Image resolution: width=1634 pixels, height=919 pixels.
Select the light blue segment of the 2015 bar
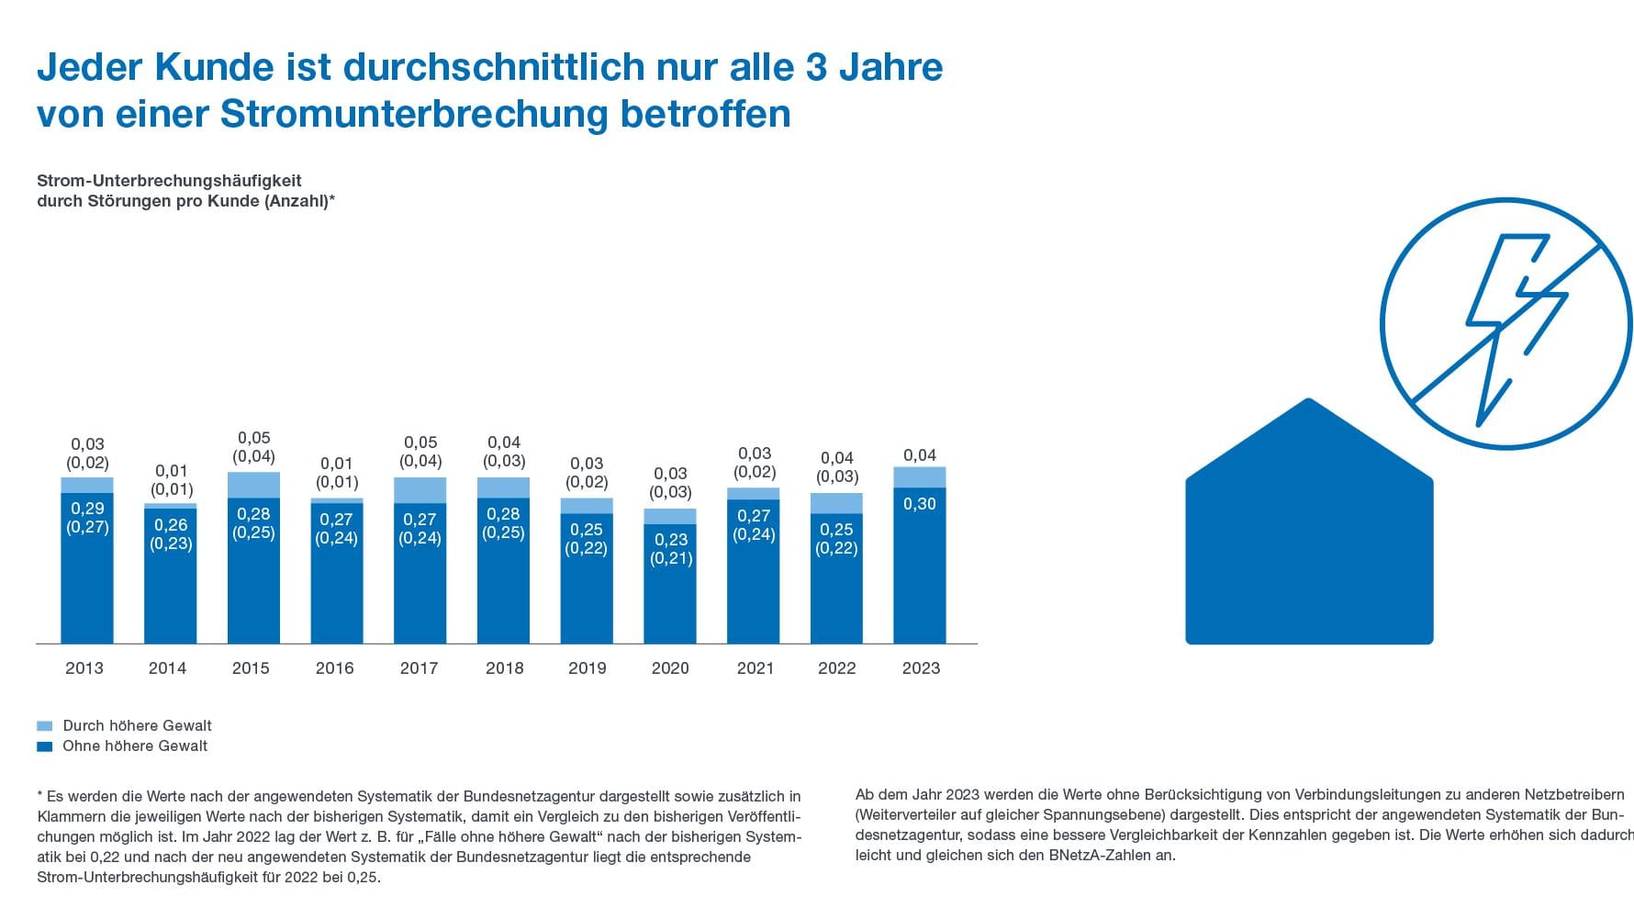(253, 485)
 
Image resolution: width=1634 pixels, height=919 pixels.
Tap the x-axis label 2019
(587, 668)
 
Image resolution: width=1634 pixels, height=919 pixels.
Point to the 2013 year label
(84, 668)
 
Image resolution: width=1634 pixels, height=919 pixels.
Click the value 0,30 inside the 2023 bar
(919, 504)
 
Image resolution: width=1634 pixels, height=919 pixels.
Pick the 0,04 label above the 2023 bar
(919, 455)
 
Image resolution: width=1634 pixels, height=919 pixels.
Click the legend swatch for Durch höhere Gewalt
(45, 726)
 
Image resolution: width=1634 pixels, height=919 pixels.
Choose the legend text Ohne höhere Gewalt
(135, 746)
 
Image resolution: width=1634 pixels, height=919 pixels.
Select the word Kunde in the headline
(214, 68)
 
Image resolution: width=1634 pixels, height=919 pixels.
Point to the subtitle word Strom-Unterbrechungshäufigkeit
(169, 181)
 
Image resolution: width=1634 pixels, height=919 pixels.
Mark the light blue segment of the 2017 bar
(420, 490)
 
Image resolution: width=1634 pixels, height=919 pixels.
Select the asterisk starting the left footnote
(40, 795)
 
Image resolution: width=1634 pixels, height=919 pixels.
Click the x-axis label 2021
(755, 668)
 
